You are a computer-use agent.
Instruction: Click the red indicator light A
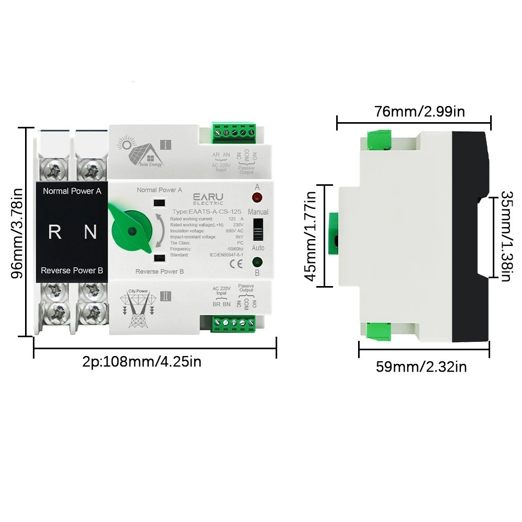[x=257, y=197]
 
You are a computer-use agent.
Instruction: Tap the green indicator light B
[x=257, y=262]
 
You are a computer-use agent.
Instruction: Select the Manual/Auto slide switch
[x=257, y=229]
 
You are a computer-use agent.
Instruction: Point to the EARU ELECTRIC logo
[x=209, y=198]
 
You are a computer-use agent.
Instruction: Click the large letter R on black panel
[x=54, y=232]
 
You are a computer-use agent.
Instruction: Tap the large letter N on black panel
[x=91, y=232]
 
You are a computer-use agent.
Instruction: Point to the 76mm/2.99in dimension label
[x=420, y=111]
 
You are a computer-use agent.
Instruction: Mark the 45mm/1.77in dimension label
[x=311, y=236]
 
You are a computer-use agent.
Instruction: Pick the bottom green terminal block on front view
[x=233, y=324]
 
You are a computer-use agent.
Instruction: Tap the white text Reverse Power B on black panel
[x=72, y=270]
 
